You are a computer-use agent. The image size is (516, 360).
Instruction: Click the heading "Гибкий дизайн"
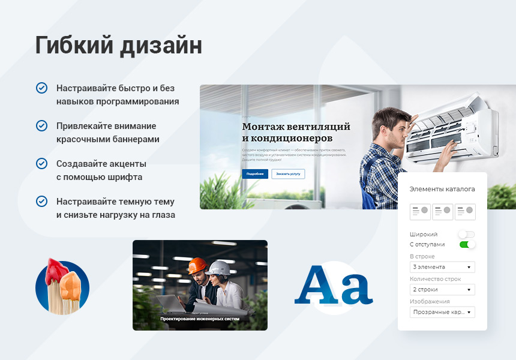pyautogui.click(x=118, y=46)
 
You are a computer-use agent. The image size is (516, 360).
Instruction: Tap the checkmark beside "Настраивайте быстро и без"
pyautogui.click(x=42, y=88)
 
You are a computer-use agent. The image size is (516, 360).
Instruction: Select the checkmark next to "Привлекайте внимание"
pyautogui.click(x=42, y=125)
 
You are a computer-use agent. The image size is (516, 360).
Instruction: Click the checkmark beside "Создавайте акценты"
pyautogui.click(x=42, y=163)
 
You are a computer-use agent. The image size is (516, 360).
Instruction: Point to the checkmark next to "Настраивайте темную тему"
pyautogui.click(x=42, y=201)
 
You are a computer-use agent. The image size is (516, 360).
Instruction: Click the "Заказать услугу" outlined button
pyautogui.click(x=288, y=174)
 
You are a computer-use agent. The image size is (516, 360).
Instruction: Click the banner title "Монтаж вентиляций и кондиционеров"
pyautogui.click(x=296, y=132)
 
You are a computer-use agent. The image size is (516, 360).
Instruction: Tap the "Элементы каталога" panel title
pyautogui.click(x=442, y=189)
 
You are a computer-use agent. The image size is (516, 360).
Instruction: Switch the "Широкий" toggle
pyautogui.click(x=466, y=235)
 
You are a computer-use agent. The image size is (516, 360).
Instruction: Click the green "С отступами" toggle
pyautogui.click(x=467, y=244)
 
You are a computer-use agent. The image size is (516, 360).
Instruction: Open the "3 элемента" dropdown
pyautogui.click(x=442, y=267)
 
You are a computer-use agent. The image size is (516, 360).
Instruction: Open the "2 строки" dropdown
pyautogui.click(x=442, y=290)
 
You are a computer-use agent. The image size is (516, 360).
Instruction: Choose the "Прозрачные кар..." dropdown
pyautogui.click(x=442, y=313)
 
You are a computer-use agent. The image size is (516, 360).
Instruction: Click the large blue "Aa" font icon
pyautogui.click(x=333, y=286)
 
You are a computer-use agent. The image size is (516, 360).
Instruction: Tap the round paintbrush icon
pyautogui.click(x=62, y=287)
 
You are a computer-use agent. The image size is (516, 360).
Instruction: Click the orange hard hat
pyautogui.click(x=197, y=266)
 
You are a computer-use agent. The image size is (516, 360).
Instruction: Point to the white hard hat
pyautogui.click(x=220, y=268)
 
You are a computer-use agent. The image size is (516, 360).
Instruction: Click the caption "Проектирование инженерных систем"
pyautogui.click(x=200, y=319)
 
